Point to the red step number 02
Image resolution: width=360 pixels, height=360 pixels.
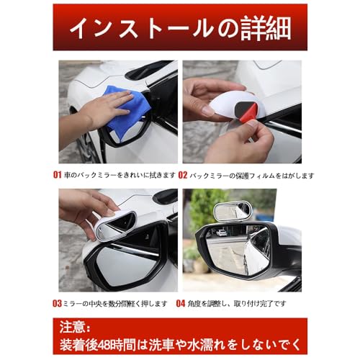click(183, 175)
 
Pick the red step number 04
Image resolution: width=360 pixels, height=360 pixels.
click(181, 303)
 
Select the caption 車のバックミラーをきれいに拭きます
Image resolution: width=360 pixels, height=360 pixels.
click(120, 175)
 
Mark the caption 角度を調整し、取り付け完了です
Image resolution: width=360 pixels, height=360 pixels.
click(238, 303)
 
